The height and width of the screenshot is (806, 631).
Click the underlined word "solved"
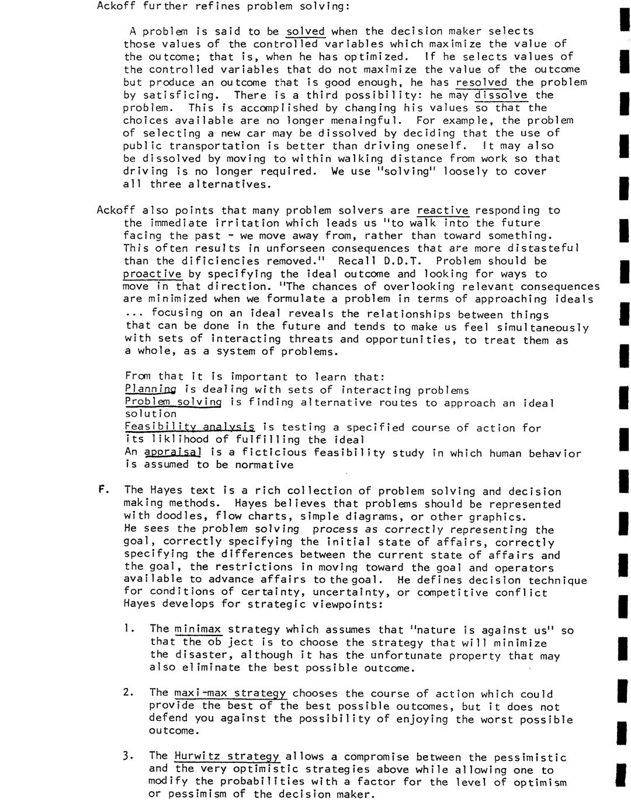tap(305, 32)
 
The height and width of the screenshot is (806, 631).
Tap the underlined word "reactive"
tap(443, 210)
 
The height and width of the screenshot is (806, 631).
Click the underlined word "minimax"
tap(198, 629)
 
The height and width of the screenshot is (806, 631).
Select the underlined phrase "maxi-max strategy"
tap(230, 693)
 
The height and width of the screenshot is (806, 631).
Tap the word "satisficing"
tap(169, 95)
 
